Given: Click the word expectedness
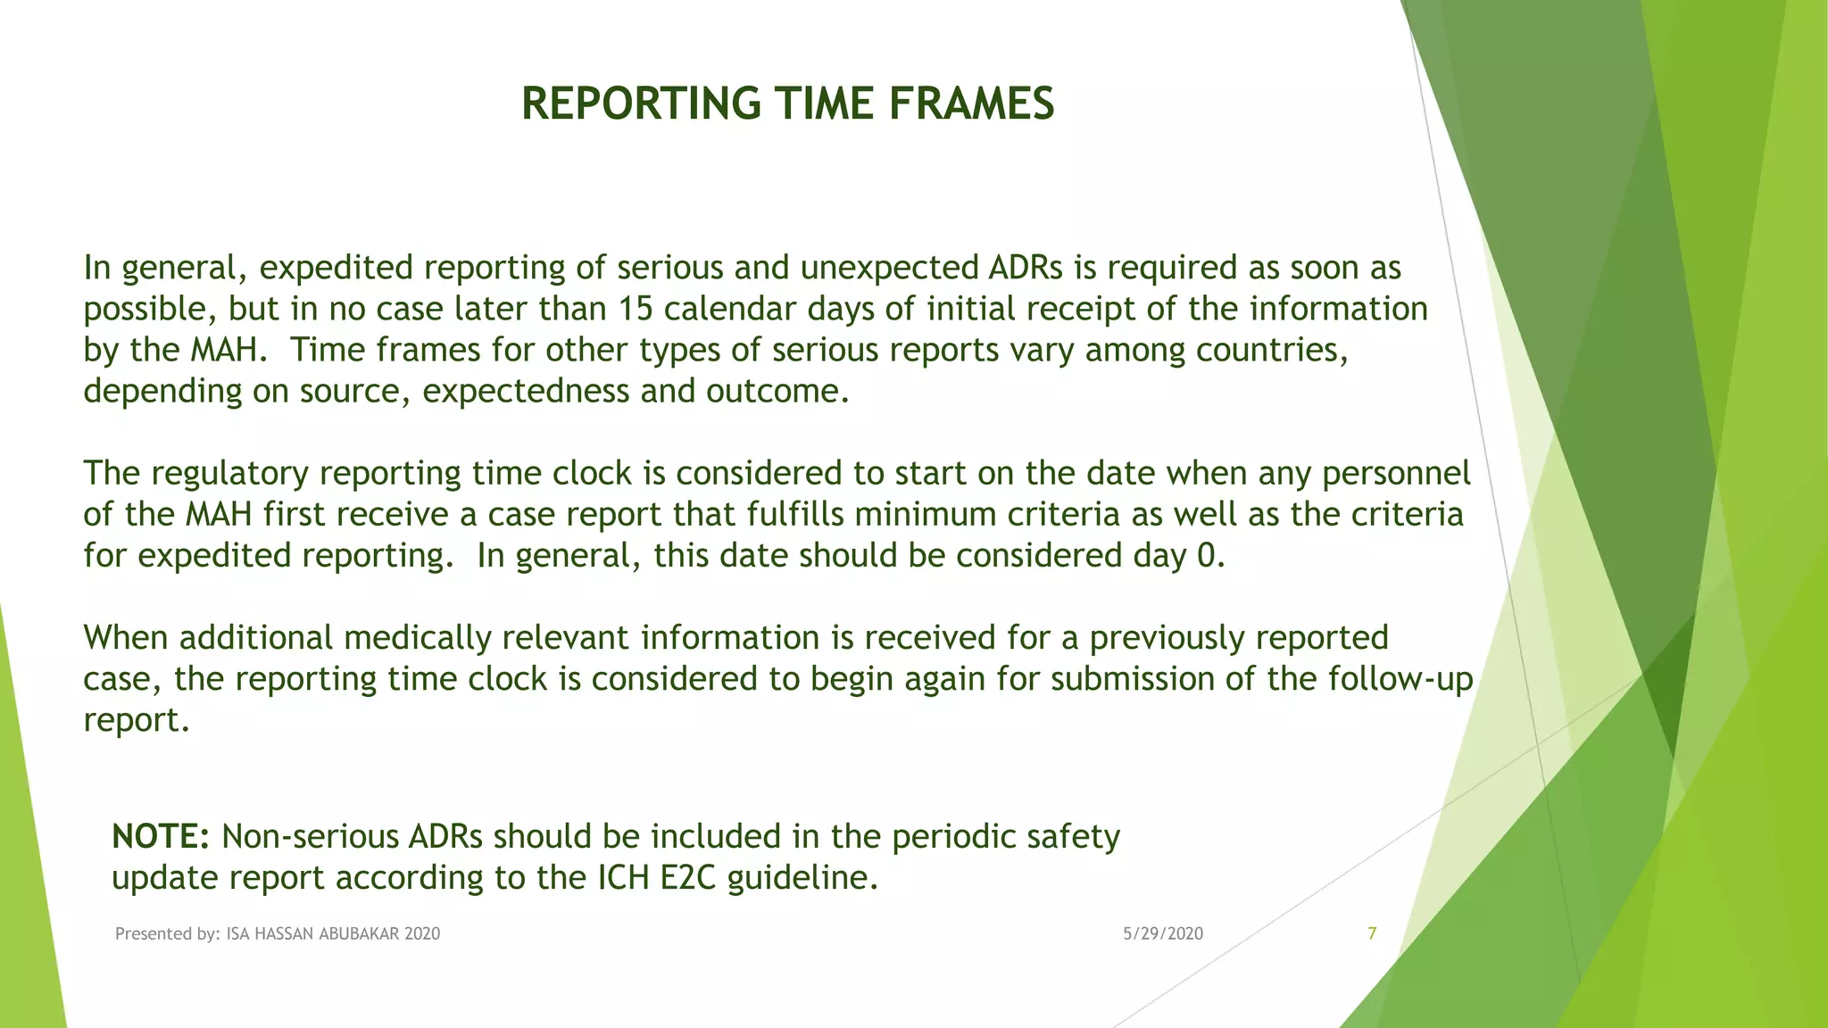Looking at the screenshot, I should tap(526, 392).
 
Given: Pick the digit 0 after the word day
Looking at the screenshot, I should tap(1206, 556).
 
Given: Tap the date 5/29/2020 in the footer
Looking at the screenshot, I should tap(1162, 934).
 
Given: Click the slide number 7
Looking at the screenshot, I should tap(1372, 934).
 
